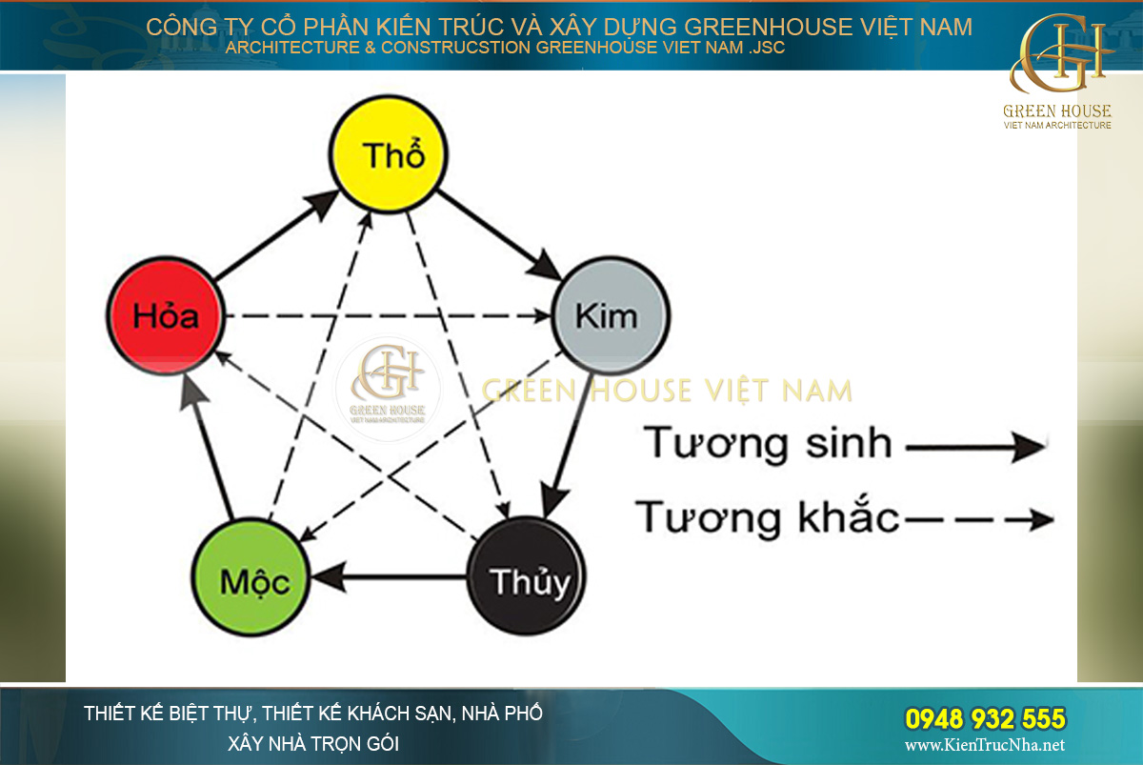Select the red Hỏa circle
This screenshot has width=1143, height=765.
coord(165,315)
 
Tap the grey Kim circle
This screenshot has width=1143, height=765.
coord(611,315)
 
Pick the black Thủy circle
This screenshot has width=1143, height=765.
coord(526,578)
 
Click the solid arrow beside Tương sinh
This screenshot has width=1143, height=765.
coord(976,445)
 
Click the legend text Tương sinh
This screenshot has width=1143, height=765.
coord(768,444)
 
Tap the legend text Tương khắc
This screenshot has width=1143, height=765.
coord(768,518)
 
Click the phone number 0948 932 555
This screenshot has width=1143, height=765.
coord(985,718)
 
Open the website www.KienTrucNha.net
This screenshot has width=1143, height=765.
coord(985,745)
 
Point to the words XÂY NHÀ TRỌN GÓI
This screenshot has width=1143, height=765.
coord(313,743)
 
